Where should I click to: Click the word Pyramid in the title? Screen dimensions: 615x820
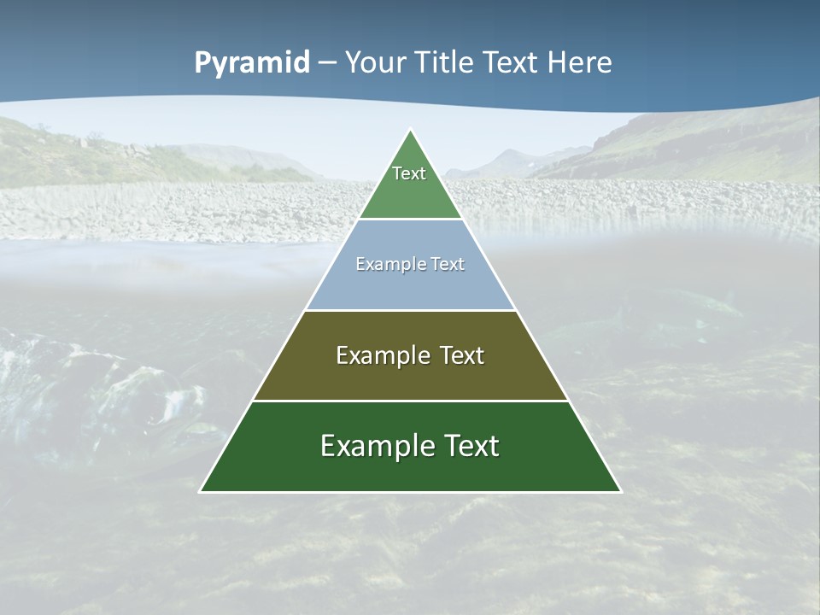(x=252, y=63)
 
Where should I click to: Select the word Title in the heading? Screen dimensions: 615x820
(x=447, y=63)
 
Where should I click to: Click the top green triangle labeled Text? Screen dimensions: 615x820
(x=410, y=184)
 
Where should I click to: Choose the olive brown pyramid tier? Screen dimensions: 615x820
(x=410, y=376)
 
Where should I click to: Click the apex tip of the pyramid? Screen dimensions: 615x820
(x=411, y=132)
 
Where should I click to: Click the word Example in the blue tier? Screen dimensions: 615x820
(x=384, y=265)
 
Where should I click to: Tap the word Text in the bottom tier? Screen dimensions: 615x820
(x=468, y=446)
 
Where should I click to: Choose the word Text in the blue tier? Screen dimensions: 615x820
(x=447, y=265)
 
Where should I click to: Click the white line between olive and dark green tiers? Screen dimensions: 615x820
(x=410, y=401)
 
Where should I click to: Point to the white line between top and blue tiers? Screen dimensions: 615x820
(x=410, y=220)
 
